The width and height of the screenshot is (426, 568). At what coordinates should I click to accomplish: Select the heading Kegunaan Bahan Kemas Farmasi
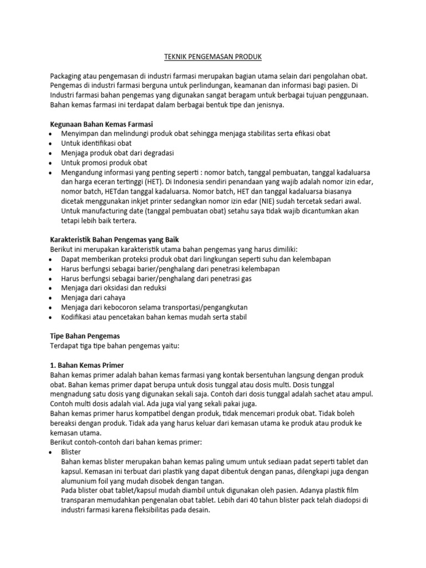(101, 123)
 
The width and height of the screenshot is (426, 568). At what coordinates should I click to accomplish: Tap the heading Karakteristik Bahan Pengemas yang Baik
(115, 240)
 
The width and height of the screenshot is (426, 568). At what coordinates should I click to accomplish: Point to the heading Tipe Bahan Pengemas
(85, 336)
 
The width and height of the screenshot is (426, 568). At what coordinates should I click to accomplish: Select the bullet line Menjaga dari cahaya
(93, 297)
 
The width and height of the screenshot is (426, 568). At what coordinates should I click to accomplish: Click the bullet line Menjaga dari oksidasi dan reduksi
(114, 288)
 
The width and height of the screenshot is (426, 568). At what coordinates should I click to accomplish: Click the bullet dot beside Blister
(52, 452)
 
